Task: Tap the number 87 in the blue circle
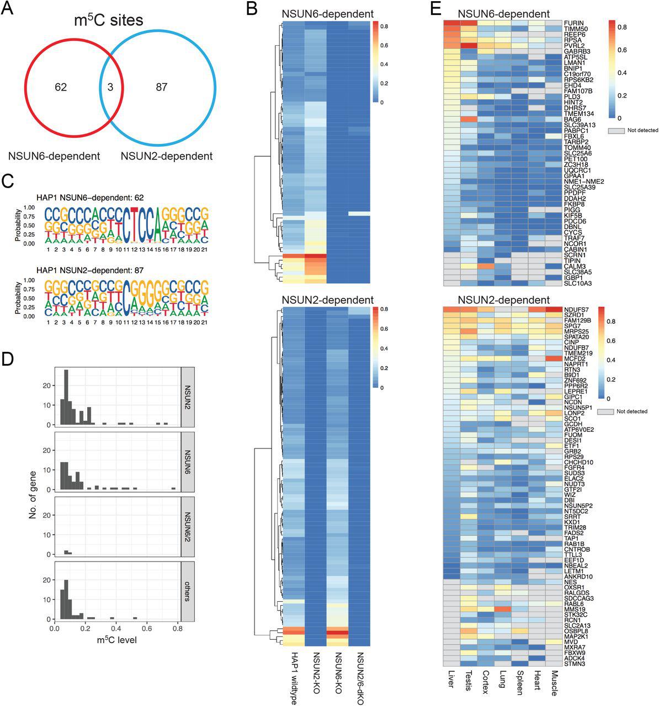[x=161, y=87]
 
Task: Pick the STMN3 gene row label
[x=575, y=664]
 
